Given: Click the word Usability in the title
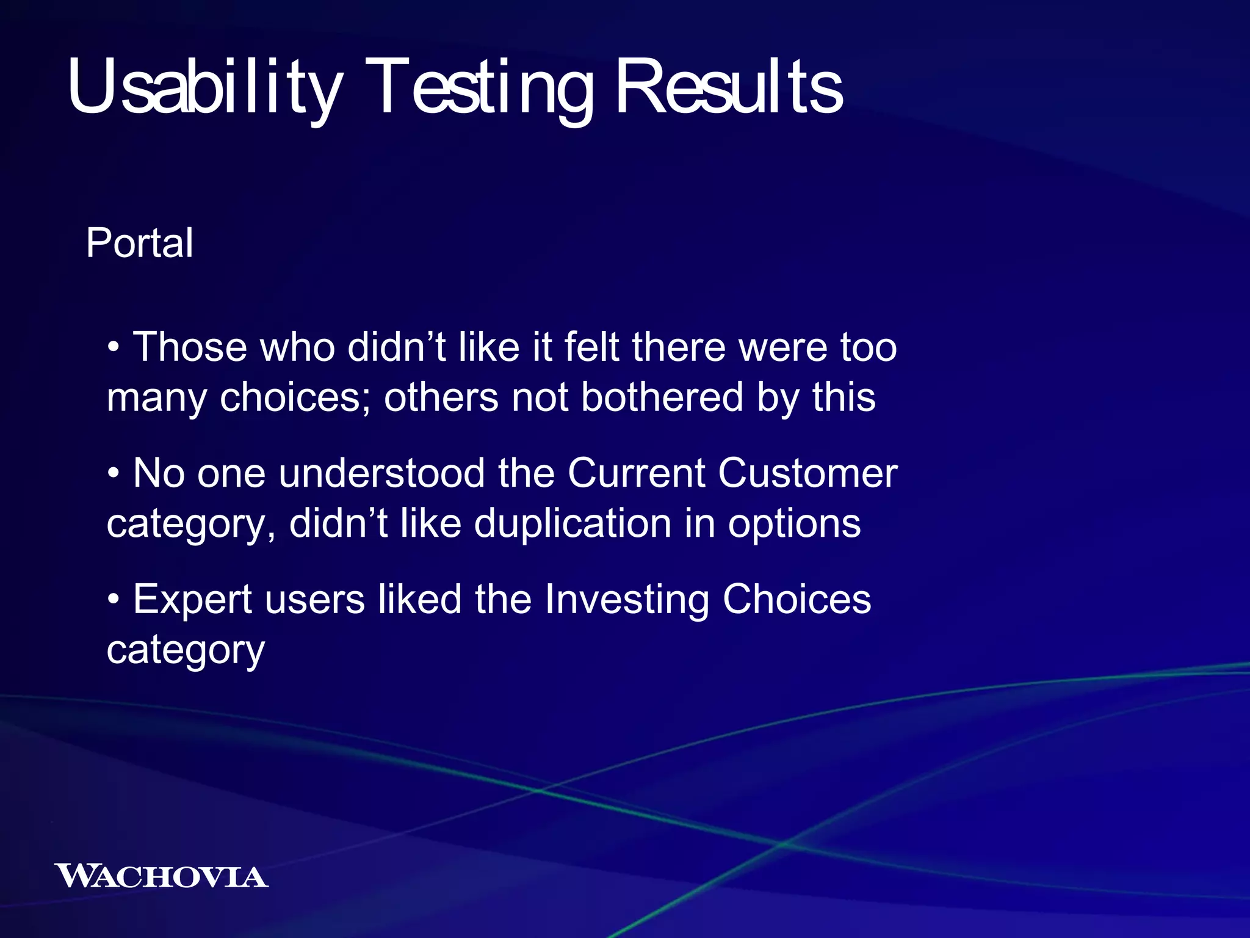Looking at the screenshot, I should click(204, 87).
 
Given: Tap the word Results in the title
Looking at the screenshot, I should click(729, 87).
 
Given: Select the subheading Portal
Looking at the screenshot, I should click(140, 243).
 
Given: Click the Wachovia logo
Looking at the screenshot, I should click(161, 876).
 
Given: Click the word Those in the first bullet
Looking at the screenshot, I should click(190, 347).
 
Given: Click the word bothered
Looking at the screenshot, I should click(662, 398).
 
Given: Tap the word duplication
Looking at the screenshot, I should click(573, 524).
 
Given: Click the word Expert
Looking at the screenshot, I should click(192, 600).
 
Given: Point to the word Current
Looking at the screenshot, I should click(636, 473).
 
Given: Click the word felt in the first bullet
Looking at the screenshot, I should click(591, 347).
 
